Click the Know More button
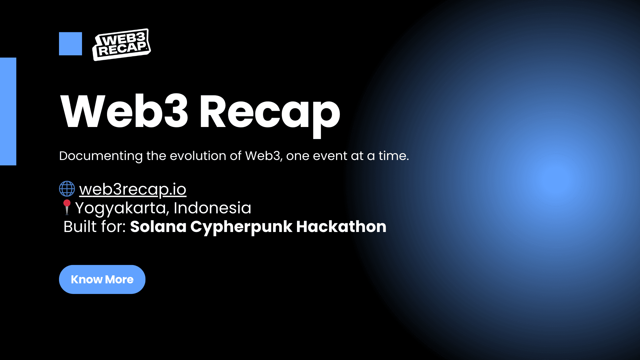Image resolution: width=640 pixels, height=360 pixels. [x=102, y=279]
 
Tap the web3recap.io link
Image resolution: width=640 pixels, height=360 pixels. [x=133, y=189]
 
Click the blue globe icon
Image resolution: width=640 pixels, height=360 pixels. [x=67, y=189]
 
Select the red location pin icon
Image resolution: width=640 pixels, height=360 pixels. [x=67, y=207]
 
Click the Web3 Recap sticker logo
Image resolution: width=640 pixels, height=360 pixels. [x=121, y=45]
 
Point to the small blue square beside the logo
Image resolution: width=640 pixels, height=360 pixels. [x=70, y=44]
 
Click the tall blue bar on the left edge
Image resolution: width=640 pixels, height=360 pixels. [x=8, y=111]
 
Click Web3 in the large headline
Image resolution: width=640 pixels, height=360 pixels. [x=125, y=111]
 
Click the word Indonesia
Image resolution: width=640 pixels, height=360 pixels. [x=212, y=208]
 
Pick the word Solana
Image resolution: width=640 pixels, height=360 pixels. [x=158, y=227]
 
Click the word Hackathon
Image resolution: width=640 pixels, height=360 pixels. [x=341, y=227]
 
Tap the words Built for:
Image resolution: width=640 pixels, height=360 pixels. [x=95, y=227]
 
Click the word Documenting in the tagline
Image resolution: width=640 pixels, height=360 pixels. [x=101, y=156]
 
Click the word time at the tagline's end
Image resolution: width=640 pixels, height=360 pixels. [x=394, y=156]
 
